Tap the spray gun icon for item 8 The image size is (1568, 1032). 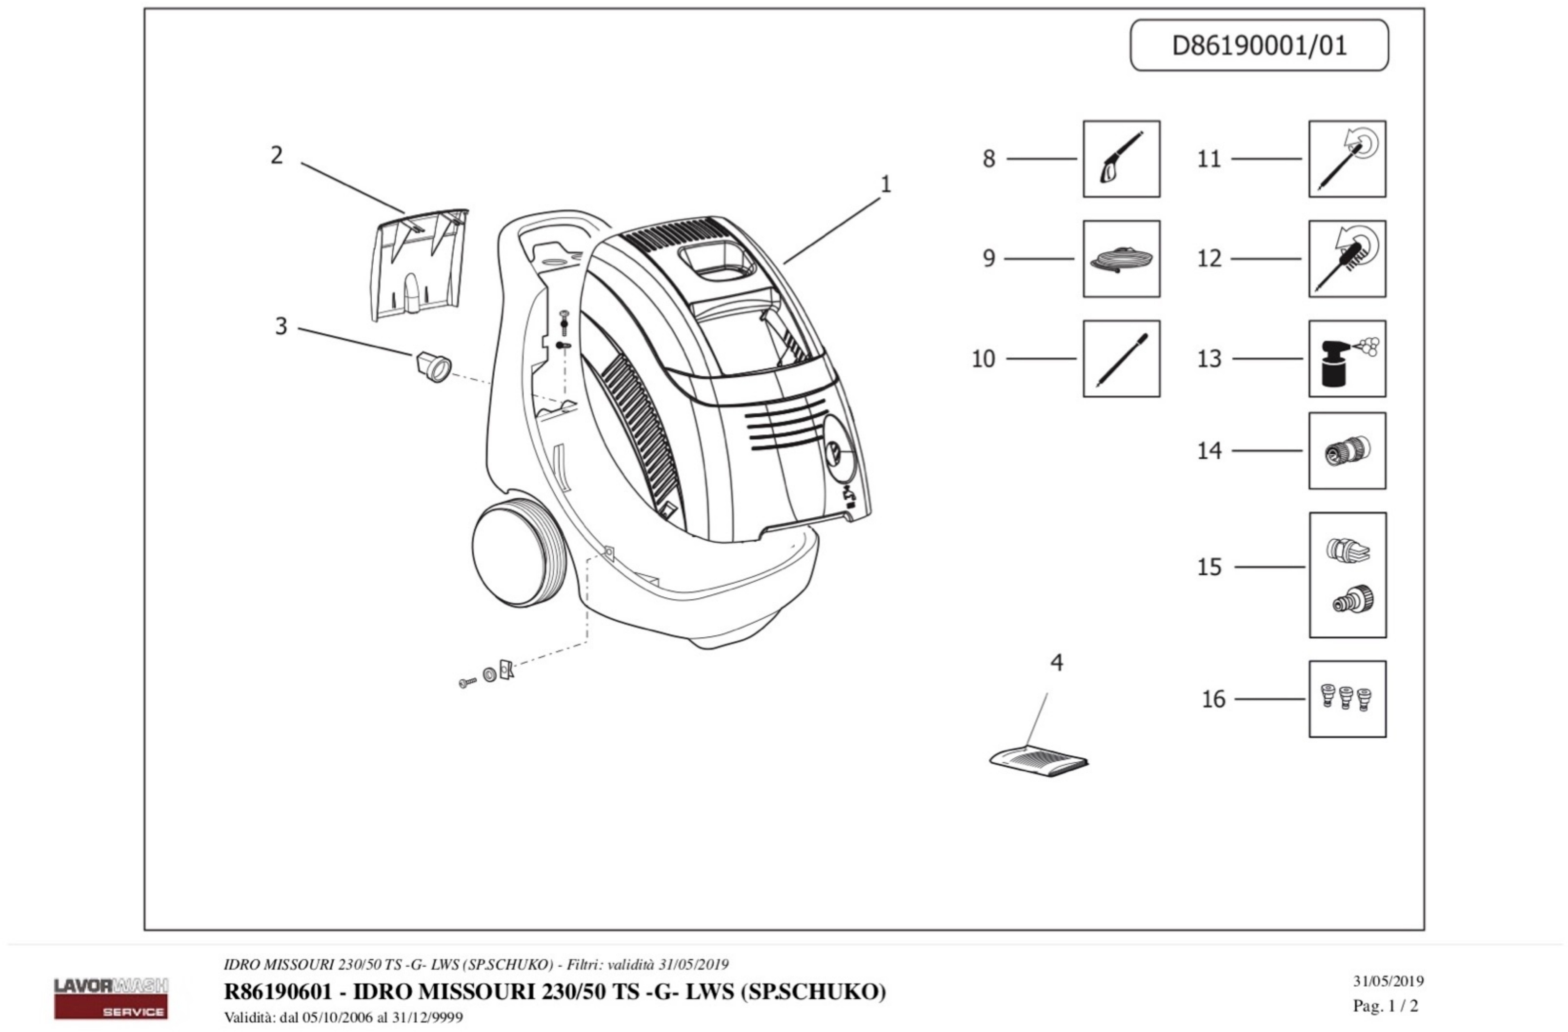click(1121, 159)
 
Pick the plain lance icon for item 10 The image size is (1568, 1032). click(1121, 359)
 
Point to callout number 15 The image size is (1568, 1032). click(1209, 567)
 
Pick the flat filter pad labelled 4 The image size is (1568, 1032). click(1038, 761)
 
